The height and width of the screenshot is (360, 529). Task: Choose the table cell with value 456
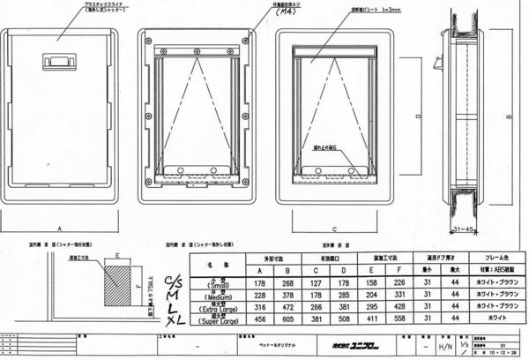[259, 319]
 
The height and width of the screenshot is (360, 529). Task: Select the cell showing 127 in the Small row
[315, 282]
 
